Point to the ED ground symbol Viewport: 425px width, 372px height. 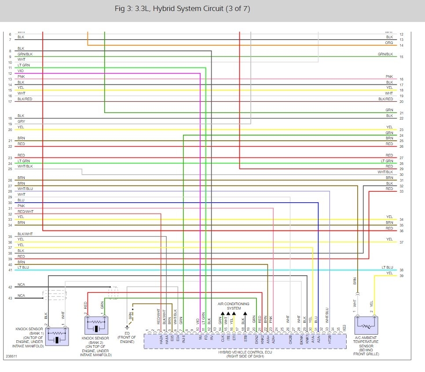(x=128, y=327)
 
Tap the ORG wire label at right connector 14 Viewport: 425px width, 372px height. (x=389, y=43)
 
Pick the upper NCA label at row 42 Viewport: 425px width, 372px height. (x=21, y=285)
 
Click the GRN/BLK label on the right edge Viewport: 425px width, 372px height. (x=385, y=54)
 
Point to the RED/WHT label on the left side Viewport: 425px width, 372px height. (x=25, y=212)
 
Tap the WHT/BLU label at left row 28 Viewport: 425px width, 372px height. (x=25, y=189)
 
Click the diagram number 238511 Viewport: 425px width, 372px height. (x=11, y=357)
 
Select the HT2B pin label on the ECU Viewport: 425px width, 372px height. (x=329, y=339)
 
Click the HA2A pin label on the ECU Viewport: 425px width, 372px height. (x=161, y=339)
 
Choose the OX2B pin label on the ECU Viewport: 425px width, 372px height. (x=290, y=339)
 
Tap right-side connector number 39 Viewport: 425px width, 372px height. (x=401, y=276)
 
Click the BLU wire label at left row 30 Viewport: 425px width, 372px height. (x=21, y=200)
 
